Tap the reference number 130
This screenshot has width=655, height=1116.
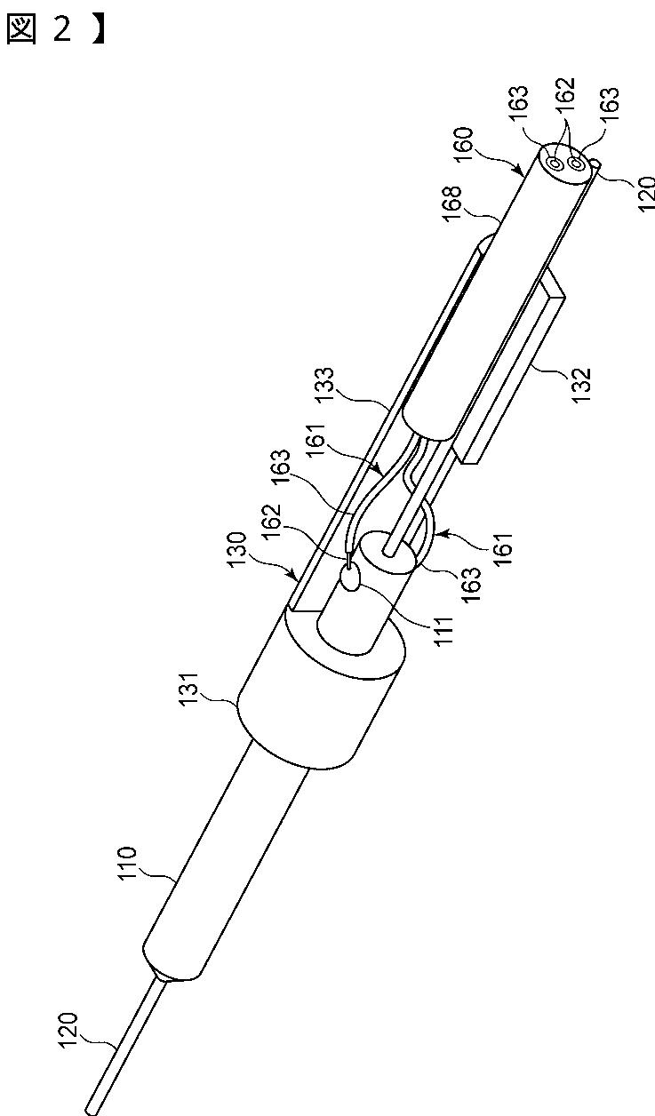point(236,549)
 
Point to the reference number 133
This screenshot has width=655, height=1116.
point(324,384)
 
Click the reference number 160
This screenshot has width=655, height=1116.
point(462,145)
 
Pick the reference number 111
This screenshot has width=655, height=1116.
point(443,631)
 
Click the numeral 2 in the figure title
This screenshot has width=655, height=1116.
point(62,29)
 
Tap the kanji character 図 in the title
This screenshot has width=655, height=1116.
point(21,30)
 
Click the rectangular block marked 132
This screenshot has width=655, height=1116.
point(511,369)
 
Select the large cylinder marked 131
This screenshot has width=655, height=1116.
point(322,686)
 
